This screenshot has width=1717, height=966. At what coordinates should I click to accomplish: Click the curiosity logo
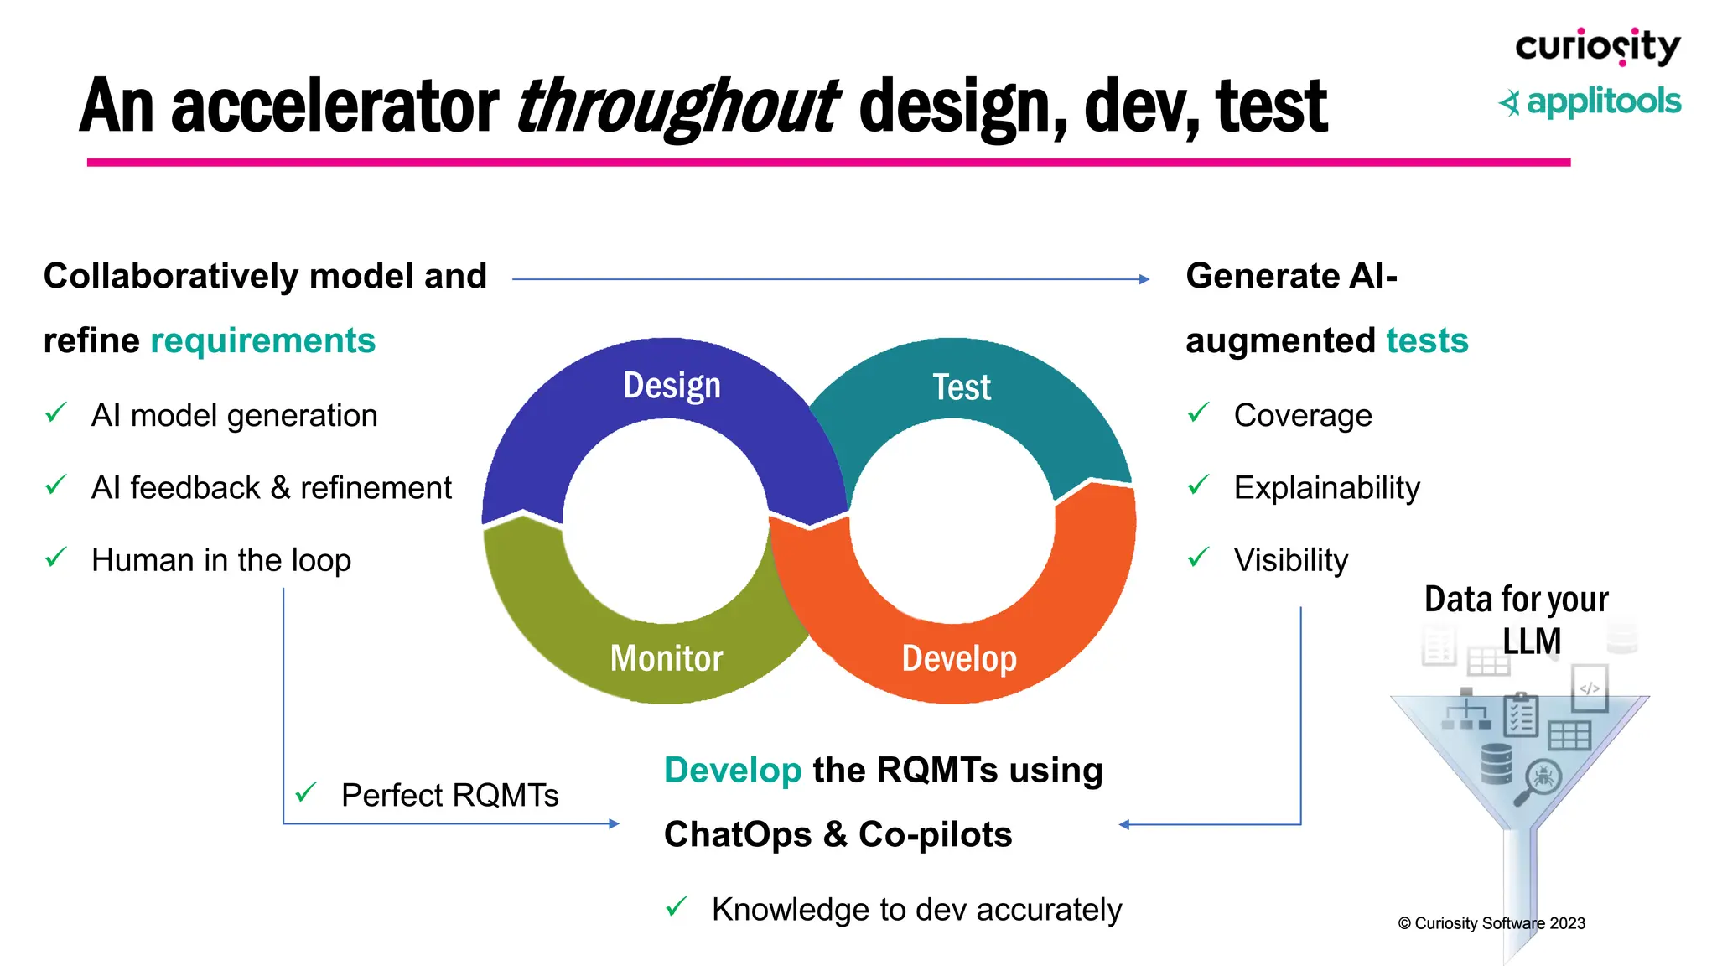[1597, 47]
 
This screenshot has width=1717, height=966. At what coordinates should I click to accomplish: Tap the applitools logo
[1590, 102]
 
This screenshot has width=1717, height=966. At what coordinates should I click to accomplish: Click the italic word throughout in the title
[677, 106]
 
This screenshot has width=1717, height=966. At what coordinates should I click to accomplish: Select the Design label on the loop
[672, 386]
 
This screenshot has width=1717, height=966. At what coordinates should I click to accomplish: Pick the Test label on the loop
[962, 387]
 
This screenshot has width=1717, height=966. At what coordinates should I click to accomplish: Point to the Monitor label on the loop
[667, 658]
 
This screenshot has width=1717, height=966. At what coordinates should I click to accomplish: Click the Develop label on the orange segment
[959, 658]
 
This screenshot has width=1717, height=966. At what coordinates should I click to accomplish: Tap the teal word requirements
[262, 340]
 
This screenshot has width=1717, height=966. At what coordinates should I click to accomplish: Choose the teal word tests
[1427, 340]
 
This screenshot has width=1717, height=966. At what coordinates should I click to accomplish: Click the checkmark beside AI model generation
[56, 413]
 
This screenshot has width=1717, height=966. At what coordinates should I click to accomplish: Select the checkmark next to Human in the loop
[56, 557]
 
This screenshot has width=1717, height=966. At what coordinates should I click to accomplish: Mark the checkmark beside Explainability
[1199, 485]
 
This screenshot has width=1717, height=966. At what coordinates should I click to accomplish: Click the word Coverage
[1303, 415]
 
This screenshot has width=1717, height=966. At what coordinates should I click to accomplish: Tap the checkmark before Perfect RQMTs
[306, 792]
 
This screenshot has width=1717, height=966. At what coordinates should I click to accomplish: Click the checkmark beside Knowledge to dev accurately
[677, 906]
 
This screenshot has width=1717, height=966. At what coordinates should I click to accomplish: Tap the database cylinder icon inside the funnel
[1497, 763]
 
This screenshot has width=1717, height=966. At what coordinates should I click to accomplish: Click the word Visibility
[1291, 560]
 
